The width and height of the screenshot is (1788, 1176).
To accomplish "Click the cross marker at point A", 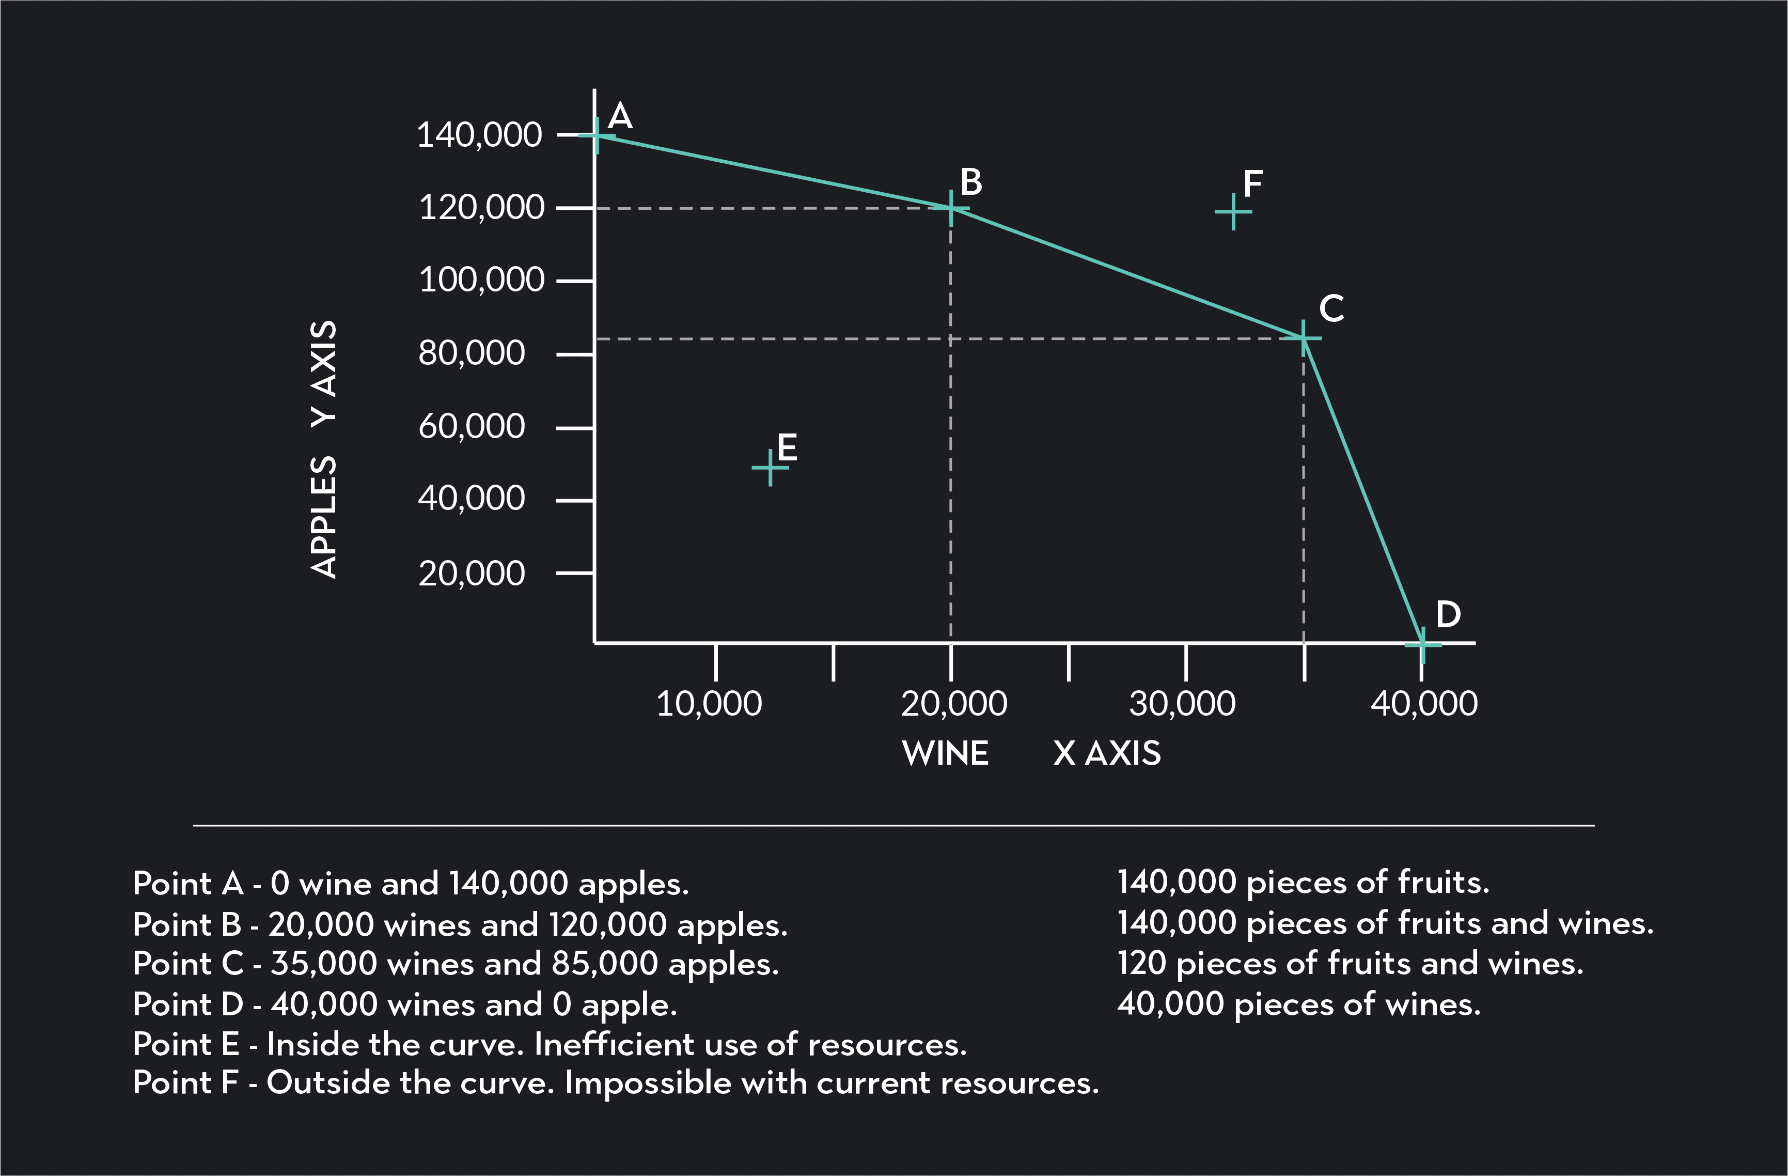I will pyautogui.click(x=597, y=136).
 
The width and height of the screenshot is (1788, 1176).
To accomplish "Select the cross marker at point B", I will pyautogui.click(x=951, y=208).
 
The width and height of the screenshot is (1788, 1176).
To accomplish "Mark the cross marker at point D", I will pyautogui.click(x=1422, y=644).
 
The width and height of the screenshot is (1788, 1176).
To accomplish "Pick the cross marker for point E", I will pyautogui.click(x=770, y=468).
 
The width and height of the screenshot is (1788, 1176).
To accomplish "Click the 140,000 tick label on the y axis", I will pyautogui.click(x=479, y=136).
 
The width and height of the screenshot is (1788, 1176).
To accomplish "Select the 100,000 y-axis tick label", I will pyautogui.click(x=481, y=280).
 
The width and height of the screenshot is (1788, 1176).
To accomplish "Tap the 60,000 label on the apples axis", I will pyautogui.click(x=471, y=427).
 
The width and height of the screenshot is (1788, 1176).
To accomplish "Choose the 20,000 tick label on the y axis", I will pyautogui.click(x=471, y=574).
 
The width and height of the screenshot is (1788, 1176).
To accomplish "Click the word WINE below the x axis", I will pyautogui.click(x=945, y=753).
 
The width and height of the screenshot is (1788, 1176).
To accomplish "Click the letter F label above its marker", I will pyautogui.click(x=1252, y=184).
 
